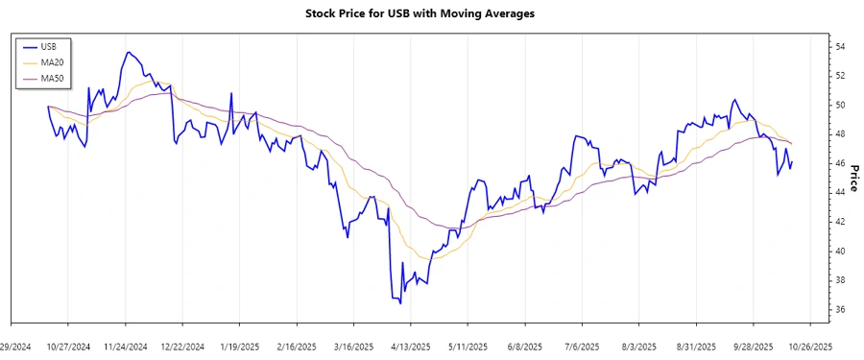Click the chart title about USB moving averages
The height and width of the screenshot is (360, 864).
click(x=432, y=13)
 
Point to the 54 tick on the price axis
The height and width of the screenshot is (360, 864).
click(x=839, y=46)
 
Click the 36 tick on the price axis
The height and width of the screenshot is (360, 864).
click(x=839, y=310)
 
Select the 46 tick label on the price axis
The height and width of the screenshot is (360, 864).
click(x=839, y=163)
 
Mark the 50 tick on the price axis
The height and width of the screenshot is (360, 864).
click(x=839, y=105)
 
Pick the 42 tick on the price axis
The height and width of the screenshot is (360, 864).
click(x=839, y=222)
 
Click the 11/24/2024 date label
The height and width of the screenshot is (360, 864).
click(x=125, y=346)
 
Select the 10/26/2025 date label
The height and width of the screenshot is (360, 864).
click(x=809, y=346)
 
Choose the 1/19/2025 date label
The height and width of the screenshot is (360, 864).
click(x=239, y=346)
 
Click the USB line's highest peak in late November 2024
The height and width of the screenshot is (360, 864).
click(x=129, y=52)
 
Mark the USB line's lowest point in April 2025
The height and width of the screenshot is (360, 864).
click(x=399, y=304)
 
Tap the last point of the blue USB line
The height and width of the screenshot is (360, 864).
click(x=791, y=161)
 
